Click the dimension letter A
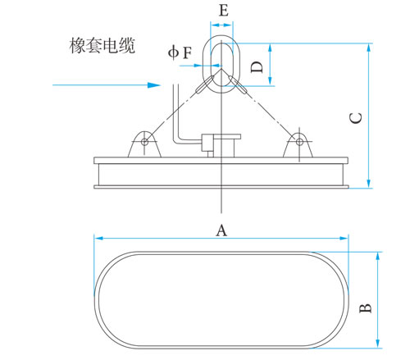click(221, 230)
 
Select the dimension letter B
click(365, 308)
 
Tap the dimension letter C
click(356, 118)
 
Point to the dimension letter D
click(257, 67)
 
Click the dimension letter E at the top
click(224, 11)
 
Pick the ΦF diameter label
click(180, 52)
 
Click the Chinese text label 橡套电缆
click(102, 45)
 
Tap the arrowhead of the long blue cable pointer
click(154, 85)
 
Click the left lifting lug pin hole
click(144, 142)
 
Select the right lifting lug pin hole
click(299, 142)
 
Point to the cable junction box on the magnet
click(221, 146)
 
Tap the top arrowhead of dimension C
click(369, 48)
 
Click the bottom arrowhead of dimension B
click(378, 344)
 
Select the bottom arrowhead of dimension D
click(270, 81)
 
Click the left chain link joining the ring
click(204, 84)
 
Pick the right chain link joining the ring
click(238, 84)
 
